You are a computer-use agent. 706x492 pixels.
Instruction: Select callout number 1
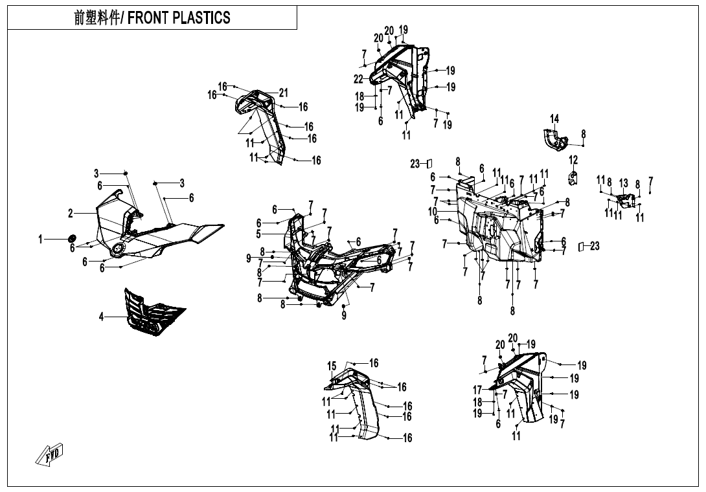(x=40, y=240)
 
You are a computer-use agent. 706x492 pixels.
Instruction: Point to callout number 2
(x=70, y=213)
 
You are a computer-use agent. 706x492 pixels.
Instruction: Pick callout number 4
(x=102, y=317)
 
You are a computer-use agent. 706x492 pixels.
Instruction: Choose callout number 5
(x=258, y=234)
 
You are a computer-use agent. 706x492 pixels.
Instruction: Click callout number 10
(x=433, y=211)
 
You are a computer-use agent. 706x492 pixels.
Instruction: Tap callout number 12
(x=573, y=160)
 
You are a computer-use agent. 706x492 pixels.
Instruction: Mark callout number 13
(x=624, y=183)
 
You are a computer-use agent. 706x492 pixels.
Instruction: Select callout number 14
(x=554, y=118)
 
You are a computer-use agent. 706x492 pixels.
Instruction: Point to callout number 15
(x=332, y=366)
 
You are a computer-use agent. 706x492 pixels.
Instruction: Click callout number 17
(x=477, y=390)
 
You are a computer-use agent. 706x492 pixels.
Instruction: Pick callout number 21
(x=283, y=93)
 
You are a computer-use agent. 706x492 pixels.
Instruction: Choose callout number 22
(x=358, y=79)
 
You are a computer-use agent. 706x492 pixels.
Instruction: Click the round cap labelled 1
(x=72, y=239)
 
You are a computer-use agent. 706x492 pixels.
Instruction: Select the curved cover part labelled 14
(x=552, y=140)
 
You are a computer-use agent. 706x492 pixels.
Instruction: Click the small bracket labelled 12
(x=573, y=176)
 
